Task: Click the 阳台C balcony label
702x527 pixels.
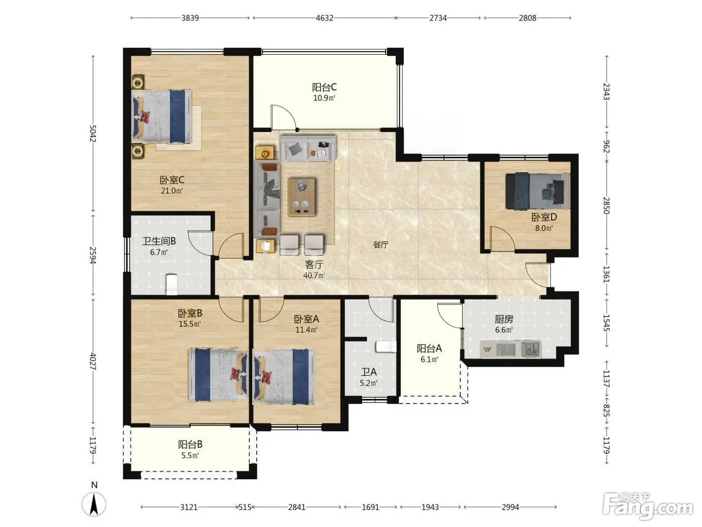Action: coord(324,87)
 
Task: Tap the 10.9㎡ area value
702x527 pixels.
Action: coord(324,98)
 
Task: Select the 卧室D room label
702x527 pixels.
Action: coord(544,217)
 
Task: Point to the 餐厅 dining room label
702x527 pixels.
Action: coord(381,245)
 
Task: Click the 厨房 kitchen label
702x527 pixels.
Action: coord(504,319)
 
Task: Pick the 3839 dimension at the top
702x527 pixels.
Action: coord(190,18)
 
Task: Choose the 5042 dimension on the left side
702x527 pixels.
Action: coord(93,133)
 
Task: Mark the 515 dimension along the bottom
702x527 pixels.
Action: coord(245,507)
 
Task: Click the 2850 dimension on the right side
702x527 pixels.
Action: coord(607,205)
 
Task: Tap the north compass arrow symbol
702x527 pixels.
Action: coord(94,504)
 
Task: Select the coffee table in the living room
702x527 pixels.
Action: coord(301,197)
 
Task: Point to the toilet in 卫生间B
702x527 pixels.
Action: coord(172,284)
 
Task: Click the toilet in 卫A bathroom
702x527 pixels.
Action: coord(386,346)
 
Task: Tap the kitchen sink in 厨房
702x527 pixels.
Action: coord(531,348)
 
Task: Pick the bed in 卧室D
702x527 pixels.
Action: coord(538,191)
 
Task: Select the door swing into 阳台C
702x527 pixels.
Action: coord(283,117)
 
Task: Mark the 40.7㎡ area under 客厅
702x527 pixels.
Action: coord(314,275)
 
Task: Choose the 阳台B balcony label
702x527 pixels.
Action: coord(190,444)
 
